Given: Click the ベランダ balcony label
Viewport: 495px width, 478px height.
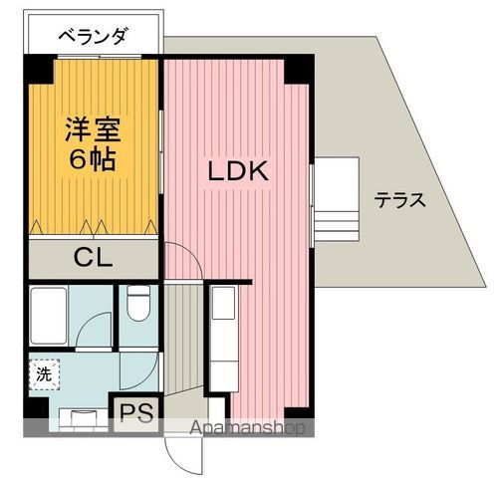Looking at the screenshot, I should (x=92, y=38).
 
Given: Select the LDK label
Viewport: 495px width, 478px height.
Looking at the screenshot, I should (x=238, y=171).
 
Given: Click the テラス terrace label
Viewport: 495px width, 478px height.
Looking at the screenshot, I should (x=400, y=199).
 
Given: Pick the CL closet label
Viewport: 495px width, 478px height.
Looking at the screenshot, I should (x=92, y=257).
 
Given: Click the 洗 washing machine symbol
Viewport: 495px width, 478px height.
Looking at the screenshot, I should (x=43, y=375).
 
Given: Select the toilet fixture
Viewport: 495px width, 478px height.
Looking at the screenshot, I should (x=137, y=304).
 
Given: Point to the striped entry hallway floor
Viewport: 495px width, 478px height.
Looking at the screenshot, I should (x=182, y=339).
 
